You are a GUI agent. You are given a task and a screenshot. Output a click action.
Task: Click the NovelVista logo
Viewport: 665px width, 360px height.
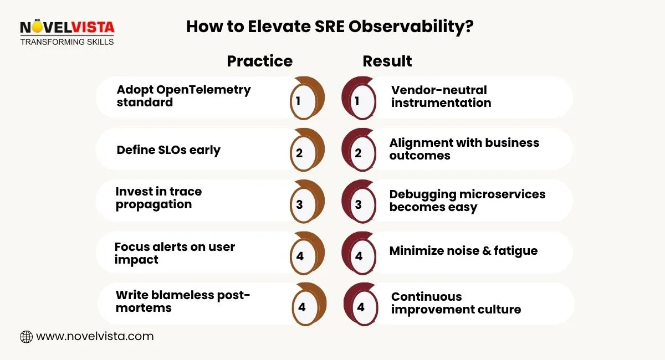66,32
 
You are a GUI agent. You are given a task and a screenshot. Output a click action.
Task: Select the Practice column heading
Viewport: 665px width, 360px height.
259,61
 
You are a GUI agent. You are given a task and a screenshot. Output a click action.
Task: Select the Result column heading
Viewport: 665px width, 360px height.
387,61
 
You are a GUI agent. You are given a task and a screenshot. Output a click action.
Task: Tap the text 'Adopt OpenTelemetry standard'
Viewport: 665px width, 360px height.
183,96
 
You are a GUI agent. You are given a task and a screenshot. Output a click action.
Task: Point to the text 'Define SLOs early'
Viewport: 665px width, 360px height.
168,150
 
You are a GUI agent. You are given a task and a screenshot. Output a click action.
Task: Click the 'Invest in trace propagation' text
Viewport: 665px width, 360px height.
158,198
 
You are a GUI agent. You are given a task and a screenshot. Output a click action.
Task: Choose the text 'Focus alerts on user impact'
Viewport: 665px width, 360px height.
175,253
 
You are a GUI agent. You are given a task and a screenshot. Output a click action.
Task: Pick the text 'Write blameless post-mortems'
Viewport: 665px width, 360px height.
183,301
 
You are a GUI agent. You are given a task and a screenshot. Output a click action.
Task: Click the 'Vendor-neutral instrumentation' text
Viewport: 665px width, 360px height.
441,96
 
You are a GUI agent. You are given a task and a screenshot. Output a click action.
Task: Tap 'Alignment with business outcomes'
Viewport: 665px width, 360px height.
464,149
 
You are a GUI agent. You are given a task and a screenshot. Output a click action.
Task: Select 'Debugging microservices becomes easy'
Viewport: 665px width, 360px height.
467,200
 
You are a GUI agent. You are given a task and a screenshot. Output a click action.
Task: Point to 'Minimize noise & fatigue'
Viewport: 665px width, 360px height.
463,250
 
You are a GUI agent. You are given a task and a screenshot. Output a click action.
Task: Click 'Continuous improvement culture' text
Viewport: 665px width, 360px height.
456,303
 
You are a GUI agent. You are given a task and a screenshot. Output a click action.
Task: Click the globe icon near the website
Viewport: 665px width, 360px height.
26,336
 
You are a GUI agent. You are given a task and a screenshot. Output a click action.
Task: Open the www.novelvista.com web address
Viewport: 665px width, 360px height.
94,336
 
